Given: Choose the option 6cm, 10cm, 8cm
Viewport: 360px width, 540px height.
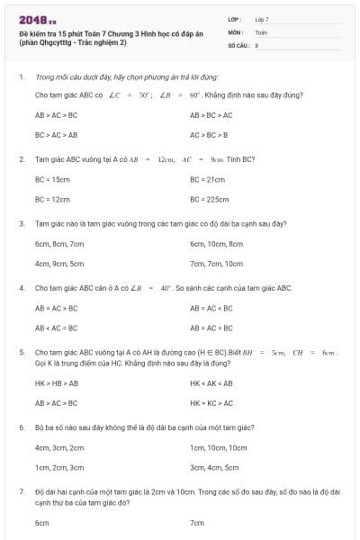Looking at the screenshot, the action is pyautogui.click(x=217, y=244).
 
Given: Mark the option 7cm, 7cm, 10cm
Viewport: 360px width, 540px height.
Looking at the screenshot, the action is pyautogui.click(x=217, y=264).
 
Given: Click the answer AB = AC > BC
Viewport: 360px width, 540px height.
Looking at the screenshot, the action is pyautogui.click(x=56, y=309).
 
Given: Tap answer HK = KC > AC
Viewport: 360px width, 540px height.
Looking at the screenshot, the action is pyautogui.click(x=211, y=402).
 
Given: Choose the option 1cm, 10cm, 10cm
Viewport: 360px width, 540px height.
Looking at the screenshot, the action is pyautogui.click(x=218, y=447).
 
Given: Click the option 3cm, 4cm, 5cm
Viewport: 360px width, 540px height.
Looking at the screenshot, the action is pyautogui.click(x=214, y=467).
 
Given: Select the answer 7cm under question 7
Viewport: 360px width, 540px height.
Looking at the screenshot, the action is pyautogui.click(x=197, y=523).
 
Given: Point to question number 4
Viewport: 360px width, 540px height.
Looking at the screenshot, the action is pyautogui.click(x=21, y=288).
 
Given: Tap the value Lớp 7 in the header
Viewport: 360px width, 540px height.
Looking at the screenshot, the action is pyautogui.click(x=262, y=19).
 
